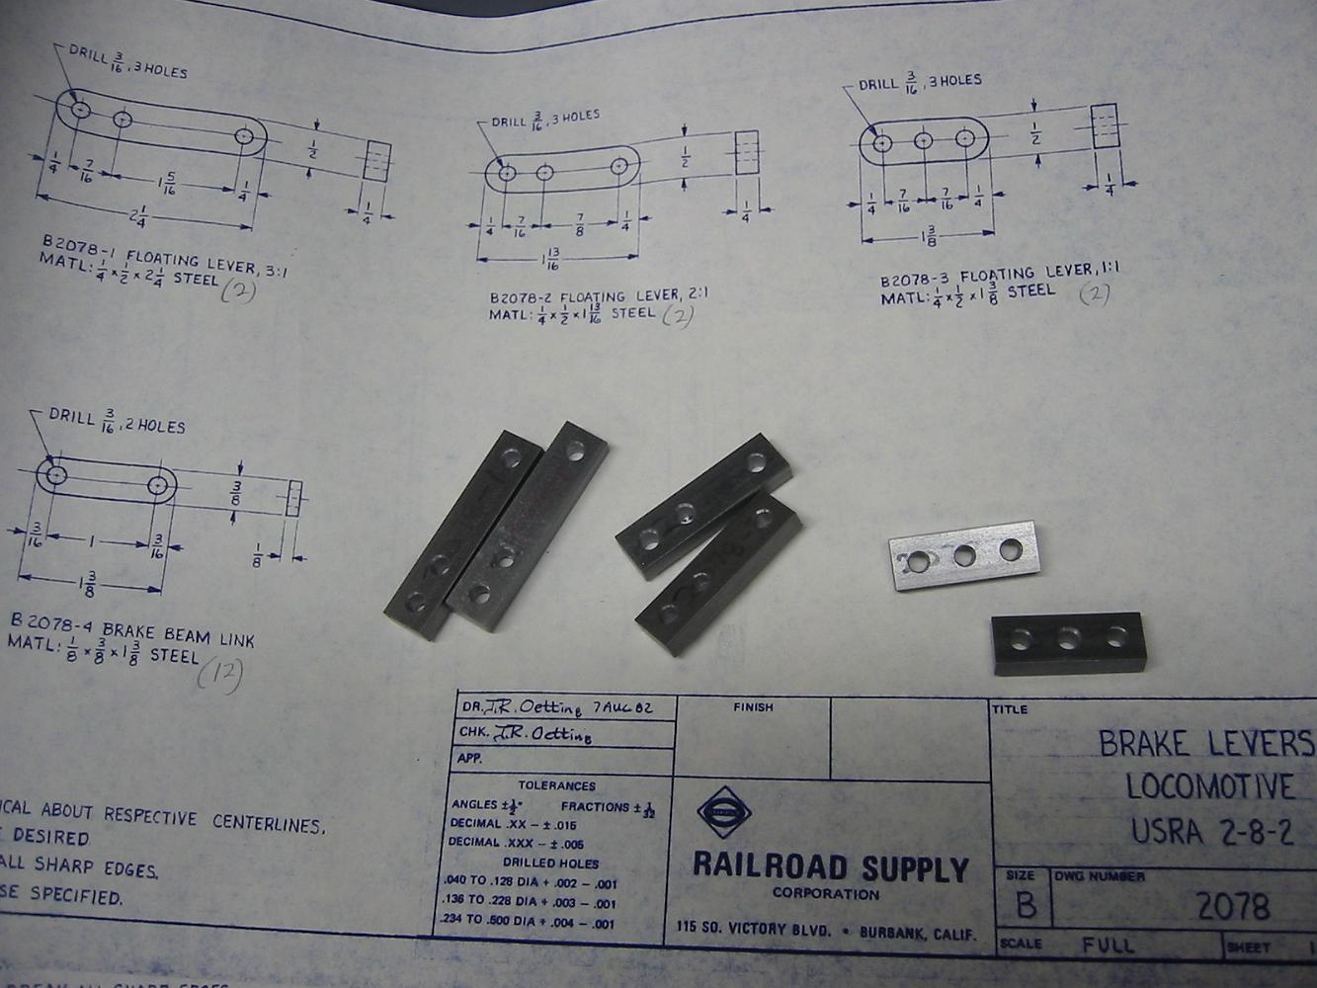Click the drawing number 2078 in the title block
pos(1231,906)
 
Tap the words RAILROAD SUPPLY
pos(830,867)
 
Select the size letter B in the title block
pos(1026,905)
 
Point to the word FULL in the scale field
pos(1108,946)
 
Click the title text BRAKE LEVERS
pos(1205,742)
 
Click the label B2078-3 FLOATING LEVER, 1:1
pos(1000,274)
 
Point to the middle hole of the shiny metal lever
pos(965,557)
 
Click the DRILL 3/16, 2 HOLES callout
pos(117,421)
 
